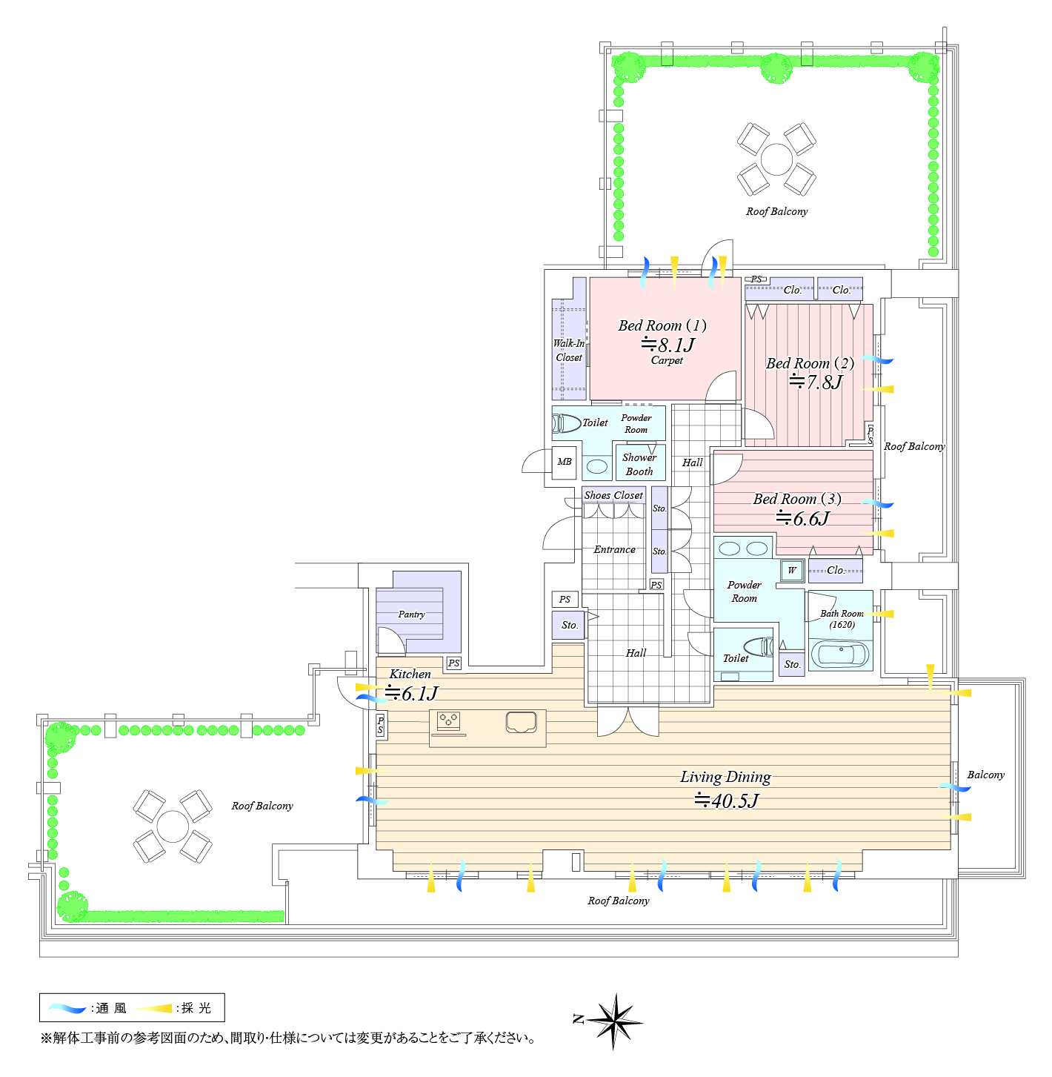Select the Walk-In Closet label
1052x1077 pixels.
(x=568, y=351)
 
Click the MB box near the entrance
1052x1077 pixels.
(x=565, y=462)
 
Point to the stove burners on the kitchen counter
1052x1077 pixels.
(x=448, y=720)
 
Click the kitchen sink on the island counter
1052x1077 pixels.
(x=521, y=722)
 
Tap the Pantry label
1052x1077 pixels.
(x=411, y=614)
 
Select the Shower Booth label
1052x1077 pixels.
(x=639, y=464)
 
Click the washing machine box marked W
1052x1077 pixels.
(x=792, y=570)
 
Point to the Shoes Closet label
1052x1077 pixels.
(x=613, y=495)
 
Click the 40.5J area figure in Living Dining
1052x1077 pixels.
(x=727, y=801)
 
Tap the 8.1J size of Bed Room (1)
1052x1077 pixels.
(x=668, y=345)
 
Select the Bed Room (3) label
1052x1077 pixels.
(x=797, y=499)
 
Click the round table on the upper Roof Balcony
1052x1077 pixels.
(x=776, y=159)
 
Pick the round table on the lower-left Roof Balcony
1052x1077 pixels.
(x=173, y=826)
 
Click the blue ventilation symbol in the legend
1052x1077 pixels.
(x=67, y=1008)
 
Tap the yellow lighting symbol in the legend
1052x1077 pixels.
(x=153, y=1008)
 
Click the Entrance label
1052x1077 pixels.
(x=614, y=549)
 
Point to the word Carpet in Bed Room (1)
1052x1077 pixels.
(x=667, y=360)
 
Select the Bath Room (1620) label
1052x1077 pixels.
(x=842, y=619)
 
